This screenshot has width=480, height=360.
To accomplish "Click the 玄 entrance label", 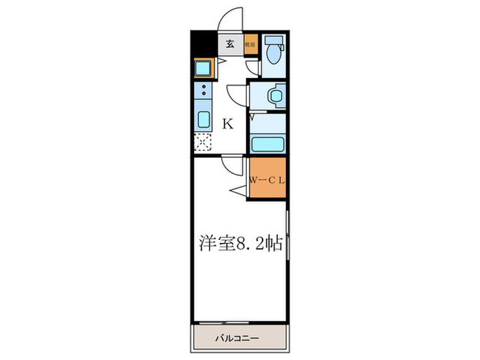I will (x=230, y=44).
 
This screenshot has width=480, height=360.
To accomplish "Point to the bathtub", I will (x=267, y=143).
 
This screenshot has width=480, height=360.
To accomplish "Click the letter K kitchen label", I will (x=228, y=124).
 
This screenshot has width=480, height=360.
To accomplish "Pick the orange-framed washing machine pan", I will (x=204, y=68).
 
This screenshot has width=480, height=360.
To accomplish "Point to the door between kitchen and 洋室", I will (x=231, y=165).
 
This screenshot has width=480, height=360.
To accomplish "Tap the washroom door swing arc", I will (x=237, y=93).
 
